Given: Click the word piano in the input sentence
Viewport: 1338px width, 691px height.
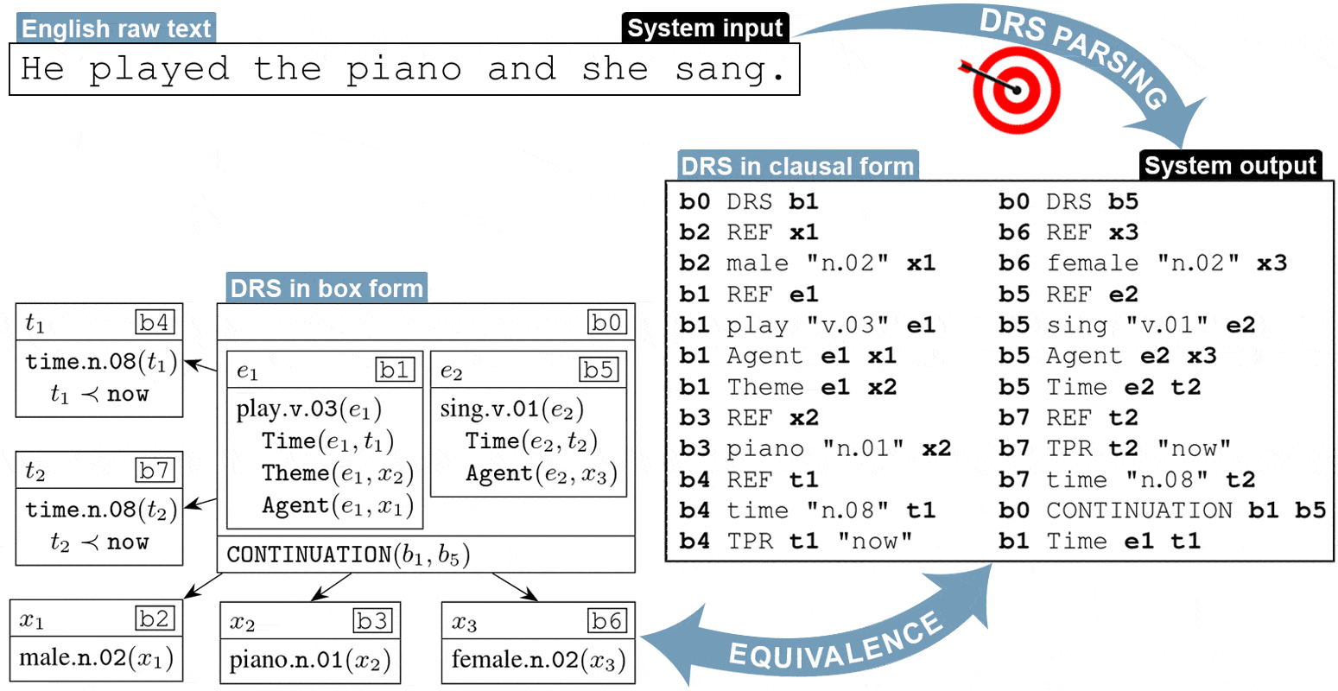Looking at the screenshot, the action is tap(403, 69).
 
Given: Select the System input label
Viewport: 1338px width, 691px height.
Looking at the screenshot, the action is tap(705, 29).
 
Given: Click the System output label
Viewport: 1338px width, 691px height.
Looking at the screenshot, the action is tap(1230, 166).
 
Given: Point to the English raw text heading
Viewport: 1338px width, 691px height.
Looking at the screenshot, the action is tap(116, 29).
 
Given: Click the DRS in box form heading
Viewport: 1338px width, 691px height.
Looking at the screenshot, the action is tap(327, 288).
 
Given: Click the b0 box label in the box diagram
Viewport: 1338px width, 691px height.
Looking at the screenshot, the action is tap(606, 323).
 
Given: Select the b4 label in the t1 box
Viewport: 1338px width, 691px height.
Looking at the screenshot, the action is tap(155, 323).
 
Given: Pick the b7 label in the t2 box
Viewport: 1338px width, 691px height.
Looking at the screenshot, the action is tap(155, 471).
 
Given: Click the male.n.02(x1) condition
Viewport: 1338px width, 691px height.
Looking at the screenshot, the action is tap(97, 658).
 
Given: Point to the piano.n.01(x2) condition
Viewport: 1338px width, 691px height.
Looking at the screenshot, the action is tap(309, 661).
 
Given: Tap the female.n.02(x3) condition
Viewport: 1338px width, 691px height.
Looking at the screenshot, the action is tap(537, 661).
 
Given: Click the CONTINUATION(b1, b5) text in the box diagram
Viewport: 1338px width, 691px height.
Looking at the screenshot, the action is tap(348, 555).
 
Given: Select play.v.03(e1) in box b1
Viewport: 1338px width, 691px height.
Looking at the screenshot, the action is tap(308, 409).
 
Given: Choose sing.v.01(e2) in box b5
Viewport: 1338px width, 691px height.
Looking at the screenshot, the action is tap(511, 409).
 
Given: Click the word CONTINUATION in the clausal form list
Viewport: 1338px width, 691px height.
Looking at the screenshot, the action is tap(1138, 510).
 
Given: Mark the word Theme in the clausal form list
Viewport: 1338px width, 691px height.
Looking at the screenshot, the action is tap(765, 387).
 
